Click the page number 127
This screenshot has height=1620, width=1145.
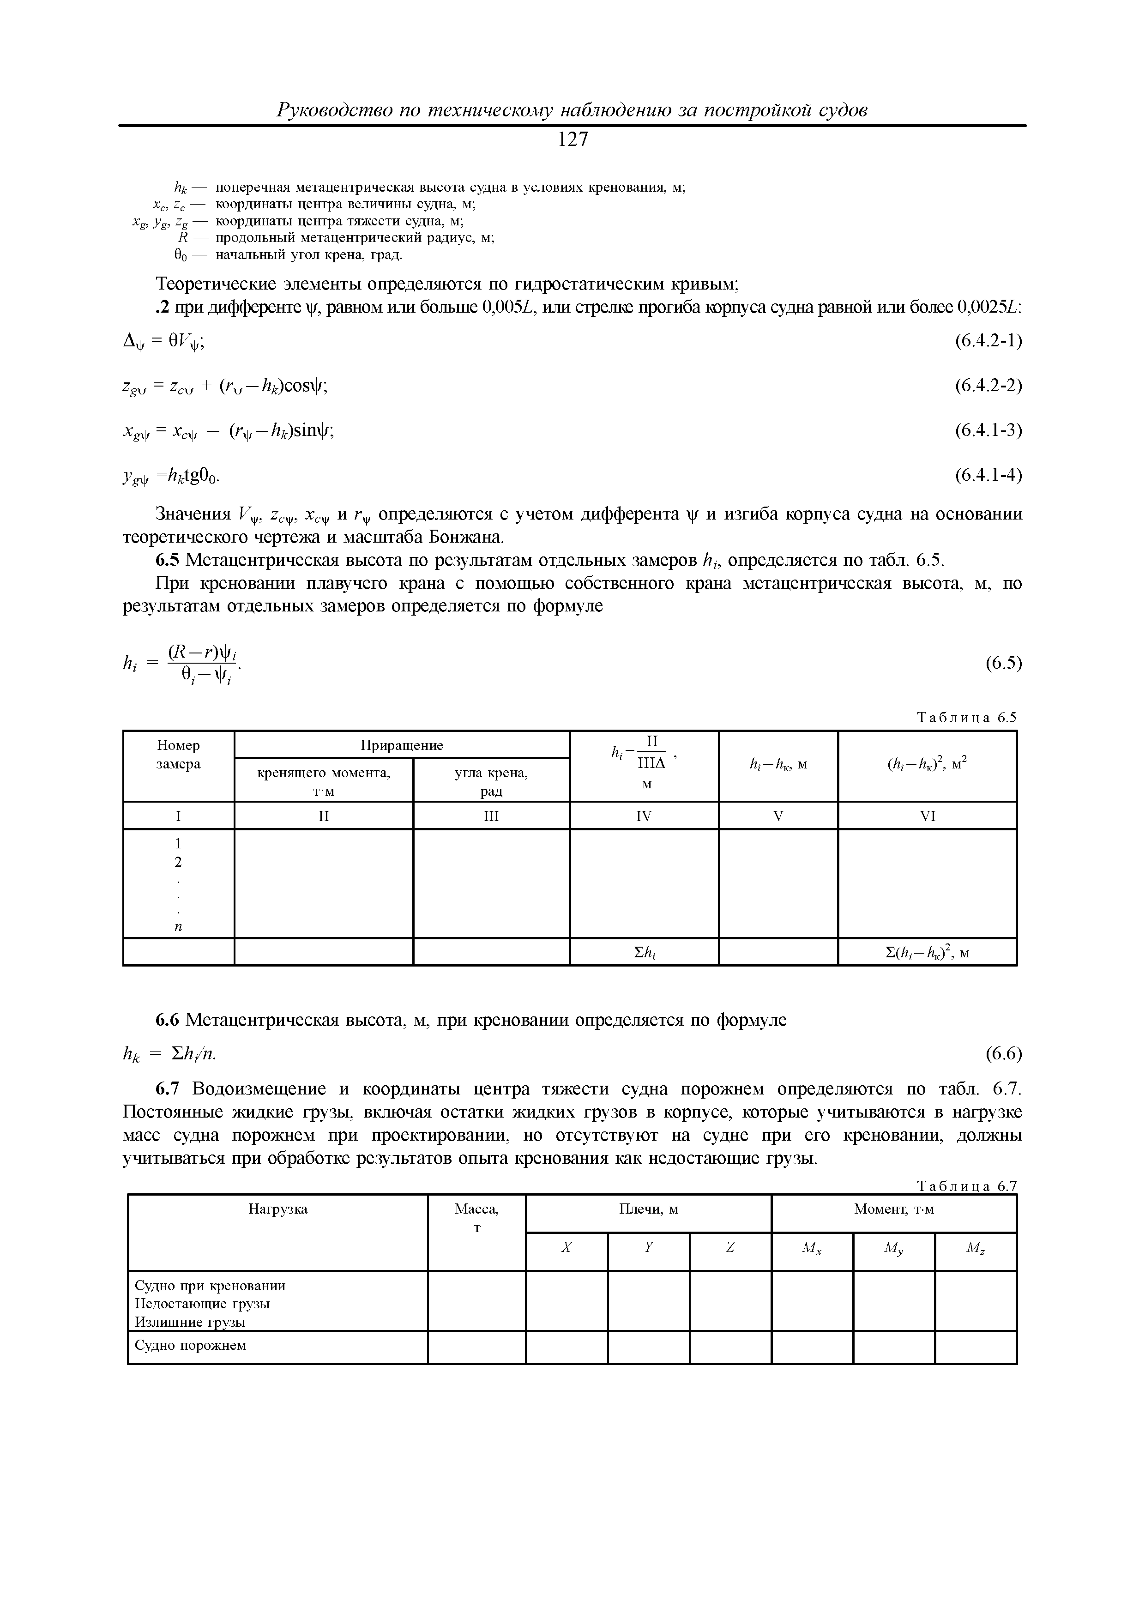coord(572,140)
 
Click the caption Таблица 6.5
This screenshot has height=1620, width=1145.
coord(966,718)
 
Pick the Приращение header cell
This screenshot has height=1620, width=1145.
coord(401,745)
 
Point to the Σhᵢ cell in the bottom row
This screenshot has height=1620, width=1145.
coord(644,953)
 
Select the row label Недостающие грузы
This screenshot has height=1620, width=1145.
coord(203,1304)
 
